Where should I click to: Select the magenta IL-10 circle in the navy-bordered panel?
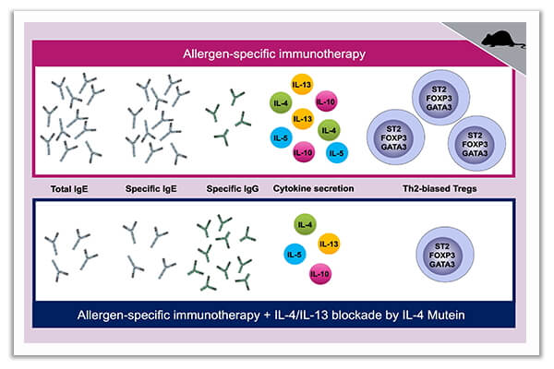(320, 274)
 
